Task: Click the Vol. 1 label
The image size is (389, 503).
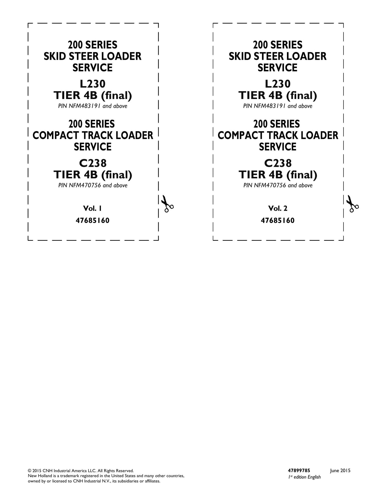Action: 92,208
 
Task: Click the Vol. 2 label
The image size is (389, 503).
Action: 278,208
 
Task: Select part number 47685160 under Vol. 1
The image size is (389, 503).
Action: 93,221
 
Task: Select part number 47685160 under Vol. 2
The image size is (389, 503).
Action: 278,221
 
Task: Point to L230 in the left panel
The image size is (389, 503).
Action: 93,84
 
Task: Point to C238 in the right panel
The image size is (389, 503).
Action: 278,163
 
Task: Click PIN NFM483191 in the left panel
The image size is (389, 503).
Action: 80,106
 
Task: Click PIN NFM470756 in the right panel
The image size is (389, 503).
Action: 265,185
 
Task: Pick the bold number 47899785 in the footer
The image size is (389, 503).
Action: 299,470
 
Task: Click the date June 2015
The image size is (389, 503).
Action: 340,471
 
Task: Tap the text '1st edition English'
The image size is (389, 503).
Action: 304,477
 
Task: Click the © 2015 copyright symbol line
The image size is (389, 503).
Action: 81,471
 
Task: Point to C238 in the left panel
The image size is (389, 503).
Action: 93,163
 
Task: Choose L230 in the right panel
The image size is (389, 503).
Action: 278,84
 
